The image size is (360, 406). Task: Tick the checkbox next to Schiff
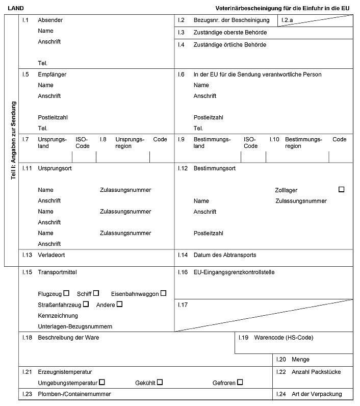[96, 293]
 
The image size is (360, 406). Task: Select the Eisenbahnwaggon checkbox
[163, 293]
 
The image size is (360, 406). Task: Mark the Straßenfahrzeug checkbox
[86, 304]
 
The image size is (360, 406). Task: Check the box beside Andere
[119, 304]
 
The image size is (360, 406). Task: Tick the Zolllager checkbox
[341, 189]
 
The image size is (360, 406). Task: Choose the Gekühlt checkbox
[160, 382]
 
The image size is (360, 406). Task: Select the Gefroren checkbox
[240, 382]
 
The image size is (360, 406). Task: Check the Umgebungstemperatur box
[102, 382]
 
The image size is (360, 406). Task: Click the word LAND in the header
[16, 9]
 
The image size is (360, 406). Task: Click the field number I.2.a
[287, 20]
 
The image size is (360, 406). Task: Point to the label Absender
[50, 20]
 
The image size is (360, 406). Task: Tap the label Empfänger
[52, 74]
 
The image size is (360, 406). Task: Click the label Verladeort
[52, 255]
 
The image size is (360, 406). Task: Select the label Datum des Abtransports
[225, 255]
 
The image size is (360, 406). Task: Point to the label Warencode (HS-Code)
[284, 338]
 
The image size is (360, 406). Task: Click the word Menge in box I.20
[300, 360]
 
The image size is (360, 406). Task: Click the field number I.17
[184, 304]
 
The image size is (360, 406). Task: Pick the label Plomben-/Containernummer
[74, 394]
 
